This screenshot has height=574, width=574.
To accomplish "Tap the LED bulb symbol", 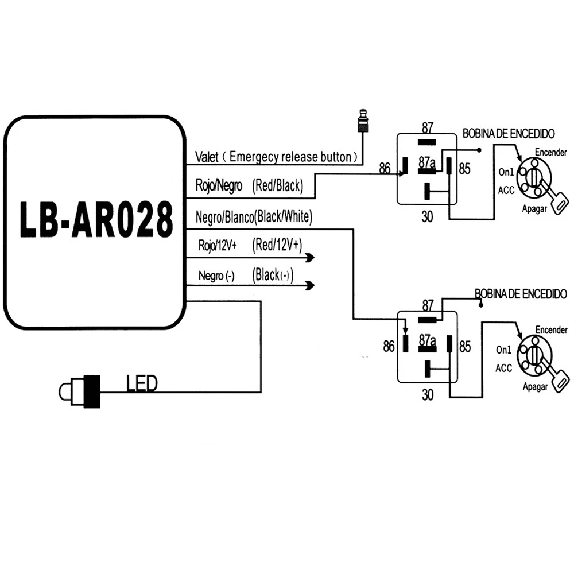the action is point(79,391).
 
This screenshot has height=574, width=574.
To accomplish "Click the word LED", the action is point(142,383).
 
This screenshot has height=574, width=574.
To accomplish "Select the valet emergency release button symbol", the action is point(362,121).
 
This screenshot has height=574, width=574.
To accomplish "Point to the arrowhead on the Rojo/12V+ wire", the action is point(310,258).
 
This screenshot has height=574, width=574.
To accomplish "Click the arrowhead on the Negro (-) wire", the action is point(310,285).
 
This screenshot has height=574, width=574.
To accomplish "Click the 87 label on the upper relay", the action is point(427,128).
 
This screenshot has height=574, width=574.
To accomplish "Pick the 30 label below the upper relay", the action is point(427,217).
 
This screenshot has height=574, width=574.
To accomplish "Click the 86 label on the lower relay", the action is point(389,346).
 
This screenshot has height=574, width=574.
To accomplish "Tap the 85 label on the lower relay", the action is point(465,346).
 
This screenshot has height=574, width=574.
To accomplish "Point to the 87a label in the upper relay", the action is point(427,162).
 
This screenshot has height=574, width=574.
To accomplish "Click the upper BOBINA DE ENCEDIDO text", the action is point(509,134).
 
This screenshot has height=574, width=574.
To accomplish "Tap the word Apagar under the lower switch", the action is point(535,386).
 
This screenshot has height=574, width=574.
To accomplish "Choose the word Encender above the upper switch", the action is point(551,152).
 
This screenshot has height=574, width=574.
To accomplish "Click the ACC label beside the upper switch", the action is point(506,191).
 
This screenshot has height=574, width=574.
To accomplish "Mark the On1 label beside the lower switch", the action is point(504,350).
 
